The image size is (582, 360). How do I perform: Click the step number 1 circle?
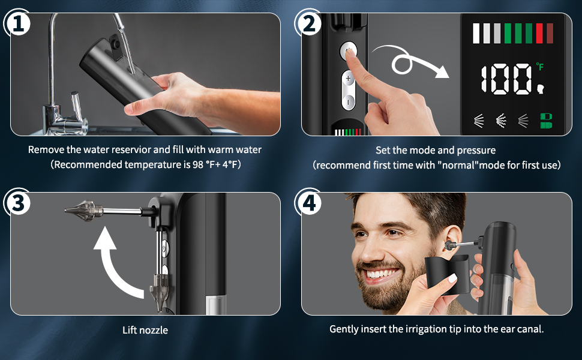(17, 22)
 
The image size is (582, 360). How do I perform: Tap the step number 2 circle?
(308, 22)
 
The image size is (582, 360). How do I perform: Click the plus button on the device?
(348, 79)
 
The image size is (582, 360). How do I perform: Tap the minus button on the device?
(348, 101)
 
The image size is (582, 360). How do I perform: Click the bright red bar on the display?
(539, 34)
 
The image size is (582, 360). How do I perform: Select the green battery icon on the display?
(545, 121)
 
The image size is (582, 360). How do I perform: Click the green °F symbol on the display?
(539, 67)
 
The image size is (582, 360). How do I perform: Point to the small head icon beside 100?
(541, 89)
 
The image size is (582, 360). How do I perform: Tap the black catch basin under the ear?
(448, 274)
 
